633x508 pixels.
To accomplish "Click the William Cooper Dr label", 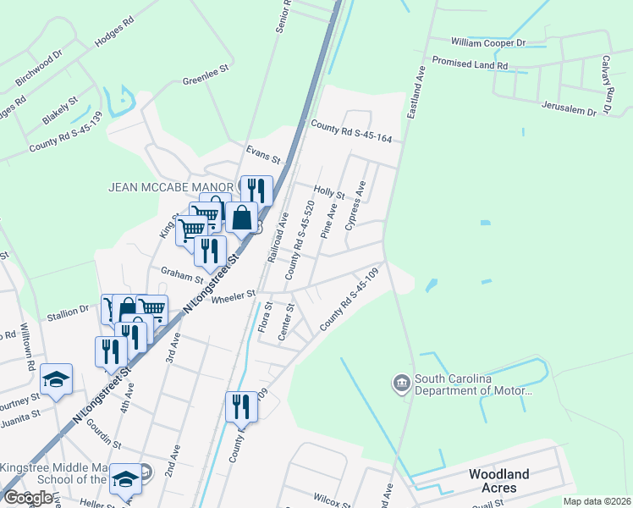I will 488,41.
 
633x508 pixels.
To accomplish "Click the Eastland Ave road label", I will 416,91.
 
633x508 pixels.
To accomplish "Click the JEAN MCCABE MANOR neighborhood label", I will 170,186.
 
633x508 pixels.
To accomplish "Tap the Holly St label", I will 329,194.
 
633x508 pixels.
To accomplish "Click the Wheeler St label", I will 234,295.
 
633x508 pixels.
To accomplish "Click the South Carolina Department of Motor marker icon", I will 400,384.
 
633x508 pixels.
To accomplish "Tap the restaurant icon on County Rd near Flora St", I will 242,406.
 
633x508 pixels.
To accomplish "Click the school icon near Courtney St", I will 56,379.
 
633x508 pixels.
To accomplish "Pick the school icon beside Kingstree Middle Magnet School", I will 126,479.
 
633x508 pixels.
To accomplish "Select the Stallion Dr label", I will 72,311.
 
